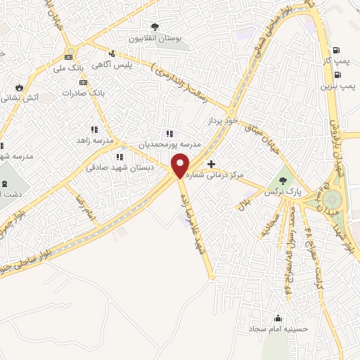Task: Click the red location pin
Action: pos(181,165)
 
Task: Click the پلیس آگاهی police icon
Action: pos(111,53)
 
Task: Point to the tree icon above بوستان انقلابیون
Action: pos(155,27)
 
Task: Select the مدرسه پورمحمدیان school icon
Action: pos(168,133)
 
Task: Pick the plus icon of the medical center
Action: pos(212,163)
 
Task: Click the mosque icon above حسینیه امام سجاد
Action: pos(279,317)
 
